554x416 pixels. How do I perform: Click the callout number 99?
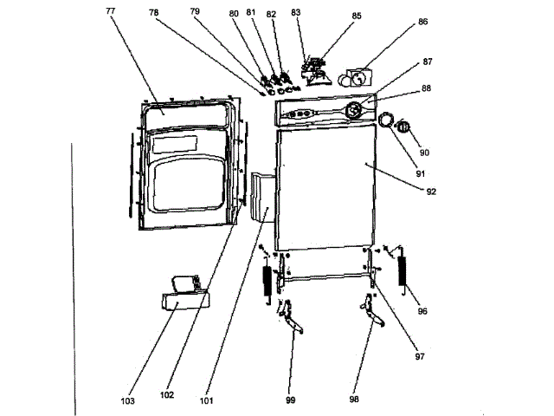pyautogui.click(x=293, y=400)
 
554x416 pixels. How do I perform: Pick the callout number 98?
pyautogui.click(x=354, y=400)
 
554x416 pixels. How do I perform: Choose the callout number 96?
pyautogui.click(x=423, y=310)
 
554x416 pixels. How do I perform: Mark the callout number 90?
pyautogui.click(x=425, y=153)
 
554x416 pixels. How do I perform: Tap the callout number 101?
pyautogui.click(x=205, y=400)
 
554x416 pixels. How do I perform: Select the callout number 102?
pyautogui.click(x=168, y=394)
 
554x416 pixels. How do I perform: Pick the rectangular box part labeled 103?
pyautogui.click(x=183, y=302)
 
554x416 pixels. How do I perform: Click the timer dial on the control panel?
pyautogui.click(x=355, y=110)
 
